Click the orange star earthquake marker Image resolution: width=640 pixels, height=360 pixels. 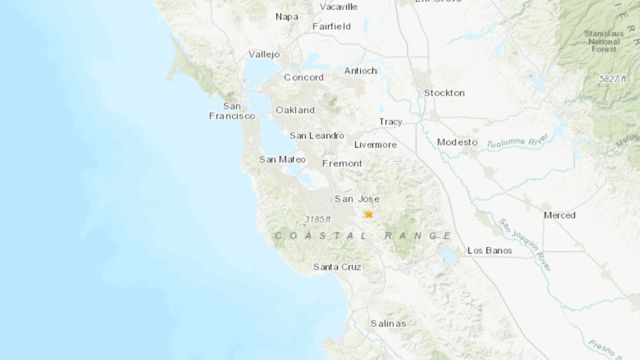point(369,214)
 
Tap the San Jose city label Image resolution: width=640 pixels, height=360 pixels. point(357,199)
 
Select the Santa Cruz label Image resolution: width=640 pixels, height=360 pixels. point(337,267)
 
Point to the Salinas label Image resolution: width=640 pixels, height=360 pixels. point(388,323)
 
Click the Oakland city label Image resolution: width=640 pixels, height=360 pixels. point(295,110)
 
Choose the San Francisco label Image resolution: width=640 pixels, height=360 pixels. point(232,111)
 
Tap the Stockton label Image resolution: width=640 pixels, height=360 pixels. point(444,93)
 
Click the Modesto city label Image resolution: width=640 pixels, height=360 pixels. point(457,142)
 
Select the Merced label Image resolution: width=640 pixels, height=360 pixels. point(559,215)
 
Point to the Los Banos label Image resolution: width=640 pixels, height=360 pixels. point(490,250)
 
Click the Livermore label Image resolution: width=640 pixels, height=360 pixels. point(375,145)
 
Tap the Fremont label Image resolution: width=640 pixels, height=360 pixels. point(342,163)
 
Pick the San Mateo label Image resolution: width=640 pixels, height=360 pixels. point(282,159)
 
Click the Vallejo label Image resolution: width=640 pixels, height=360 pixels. point(264,54)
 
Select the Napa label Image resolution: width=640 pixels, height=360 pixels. point(286,17)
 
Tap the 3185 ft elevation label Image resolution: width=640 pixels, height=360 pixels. point(318,219)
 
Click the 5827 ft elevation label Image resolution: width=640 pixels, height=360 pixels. point(612,78)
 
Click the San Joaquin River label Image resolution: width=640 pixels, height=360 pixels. point(525,244)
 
